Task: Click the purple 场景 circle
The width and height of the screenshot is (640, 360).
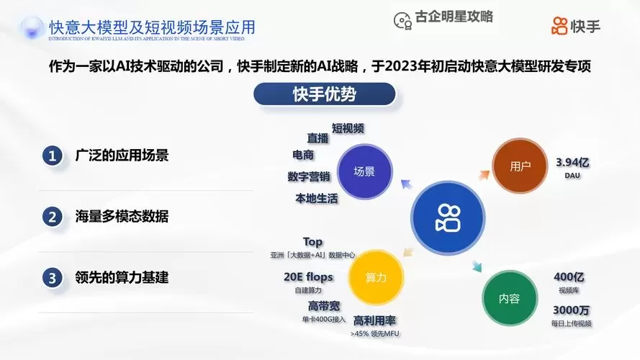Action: pyautogui.click(x=364, y=172)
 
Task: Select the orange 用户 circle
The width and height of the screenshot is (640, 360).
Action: pyautogui.click(x=520, y=166)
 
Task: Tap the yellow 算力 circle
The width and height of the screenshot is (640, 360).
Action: pyautogui.click(x=376, y=277)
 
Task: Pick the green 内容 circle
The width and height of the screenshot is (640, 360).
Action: pyautogui.click(x=509, y=298)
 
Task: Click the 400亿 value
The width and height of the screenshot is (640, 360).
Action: pyautogui.click(x=569, y=277)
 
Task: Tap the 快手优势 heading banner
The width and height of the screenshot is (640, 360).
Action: pyautogui.click(x=324, y=94)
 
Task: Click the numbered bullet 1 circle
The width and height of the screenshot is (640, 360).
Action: pyautogui.click(x=52, y=156)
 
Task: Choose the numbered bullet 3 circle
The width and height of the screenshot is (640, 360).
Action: pyautogui.click(x=52, y=276)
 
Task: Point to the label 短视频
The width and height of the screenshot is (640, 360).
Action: pyautogui.click(x=348, y=128)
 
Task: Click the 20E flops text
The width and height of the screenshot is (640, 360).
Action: pyautogui.click(x=308, y=276)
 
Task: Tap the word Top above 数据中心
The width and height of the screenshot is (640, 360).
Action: pyautogui.click(x=312, y=242)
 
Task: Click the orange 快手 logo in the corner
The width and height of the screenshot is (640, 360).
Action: pyautogui.click(x=575, y=27)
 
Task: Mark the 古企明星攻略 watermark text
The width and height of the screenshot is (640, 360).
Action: pyautogui.click(x=454, y=17)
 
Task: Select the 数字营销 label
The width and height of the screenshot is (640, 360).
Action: pyautogui.click(x=308, y=176)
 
